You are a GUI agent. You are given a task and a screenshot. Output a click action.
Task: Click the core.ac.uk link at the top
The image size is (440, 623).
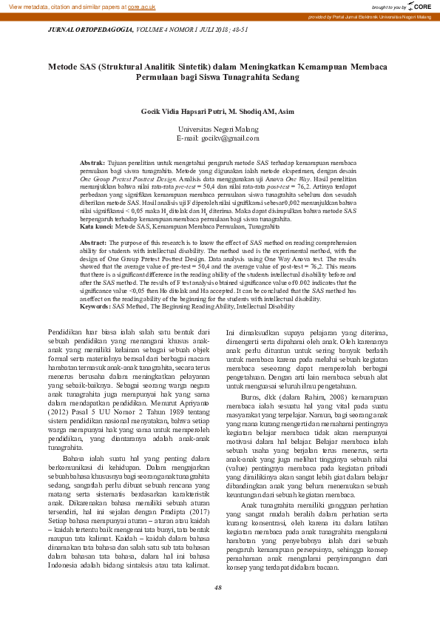click(141, 7)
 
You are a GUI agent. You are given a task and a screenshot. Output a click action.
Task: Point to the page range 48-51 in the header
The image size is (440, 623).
click(238, 30)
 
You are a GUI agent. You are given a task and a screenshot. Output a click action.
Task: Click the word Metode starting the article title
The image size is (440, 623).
click(66, 67)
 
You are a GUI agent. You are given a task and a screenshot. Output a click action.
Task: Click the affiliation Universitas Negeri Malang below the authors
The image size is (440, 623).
click(218, 129)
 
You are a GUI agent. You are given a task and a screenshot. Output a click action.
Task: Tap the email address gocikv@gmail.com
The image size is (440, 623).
click(218, 138)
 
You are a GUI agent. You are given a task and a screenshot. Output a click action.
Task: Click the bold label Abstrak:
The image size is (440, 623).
click(92, 161)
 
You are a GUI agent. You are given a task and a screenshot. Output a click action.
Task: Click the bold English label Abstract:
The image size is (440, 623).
click(93, 243)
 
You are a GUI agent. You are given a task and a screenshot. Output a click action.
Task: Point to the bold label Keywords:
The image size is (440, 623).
click(95, 306)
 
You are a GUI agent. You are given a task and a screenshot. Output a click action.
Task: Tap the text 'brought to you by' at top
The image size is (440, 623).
click(388, 7)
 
